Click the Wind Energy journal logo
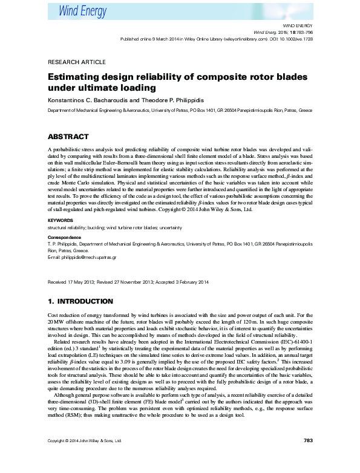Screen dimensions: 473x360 [82, 11]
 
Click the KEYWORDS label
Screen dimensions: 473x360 [61, 220]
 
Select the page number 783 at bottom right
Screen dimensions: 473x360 [307, 457]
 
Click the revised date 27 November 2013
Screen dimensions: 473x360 [134, 282]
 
